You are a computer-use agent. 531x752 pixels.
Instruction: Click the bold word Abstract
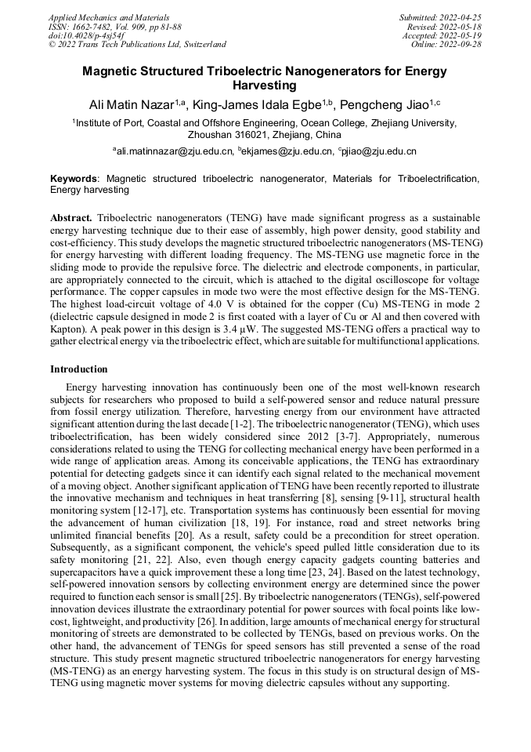tap(71, 217)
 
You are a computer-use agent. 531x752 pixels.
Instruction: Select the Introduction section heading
tap(79, 369)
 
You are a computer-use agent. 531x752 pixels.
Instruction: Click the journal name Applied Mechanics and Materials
tap(109, 17)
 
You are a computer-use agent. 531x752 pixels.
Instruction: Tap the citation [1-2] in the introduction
tap(240, 423)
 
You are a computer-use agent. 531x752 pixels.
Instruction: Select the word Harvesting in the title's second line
tap(265, 85)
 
